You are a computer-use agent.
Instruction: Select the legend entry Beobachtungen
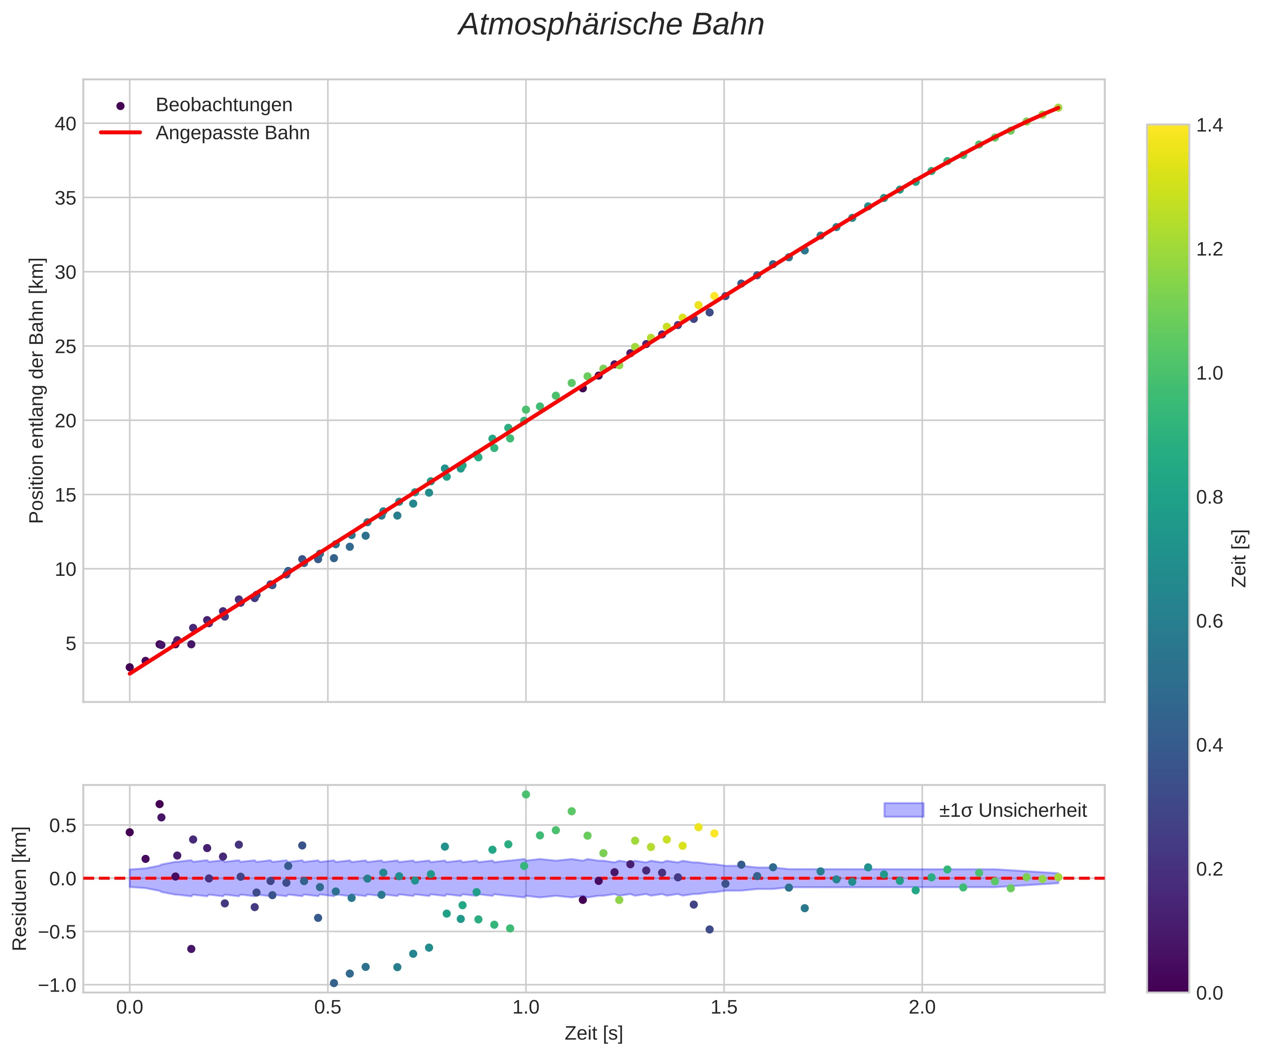(x=224, y=105)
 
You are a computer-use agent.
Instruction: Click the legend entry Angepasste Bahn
(x=232, y=133)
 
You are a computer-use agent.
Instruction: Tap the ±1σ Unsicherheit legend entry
(x=1013, y=811)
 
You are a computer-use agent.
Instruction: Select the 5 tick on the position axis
(x=71, y=644)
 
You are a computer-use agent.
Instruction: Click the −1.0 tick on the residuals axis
(x=57, y=985)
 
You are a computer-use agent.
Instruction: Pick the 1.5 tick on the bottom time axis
(x=724, y=1008)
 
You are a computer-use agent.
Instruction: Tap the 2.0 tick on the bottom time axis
(x=922, y=1008)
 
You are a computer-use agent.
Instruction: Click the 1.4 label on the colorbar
(x=1209, y=125)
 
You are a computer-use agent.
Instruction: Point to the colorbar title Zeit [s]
(x=1239, y=559)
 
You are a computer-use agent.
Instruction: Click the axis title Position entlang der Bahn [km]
(x=37, y=390)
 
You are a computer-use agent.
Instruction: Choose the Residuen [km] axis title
(x=20, y=889)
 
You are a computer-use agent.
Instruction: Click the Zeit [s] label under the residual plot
(x=593, y=1033)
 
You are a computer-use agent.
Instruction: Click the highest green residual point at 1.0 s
(x=526, y=794)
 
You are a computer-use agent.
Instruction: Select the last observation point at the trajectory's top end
(x=1058, y=108)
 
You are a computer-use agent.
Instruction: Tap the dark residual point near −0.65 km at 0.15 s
(x=191, y=949)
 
